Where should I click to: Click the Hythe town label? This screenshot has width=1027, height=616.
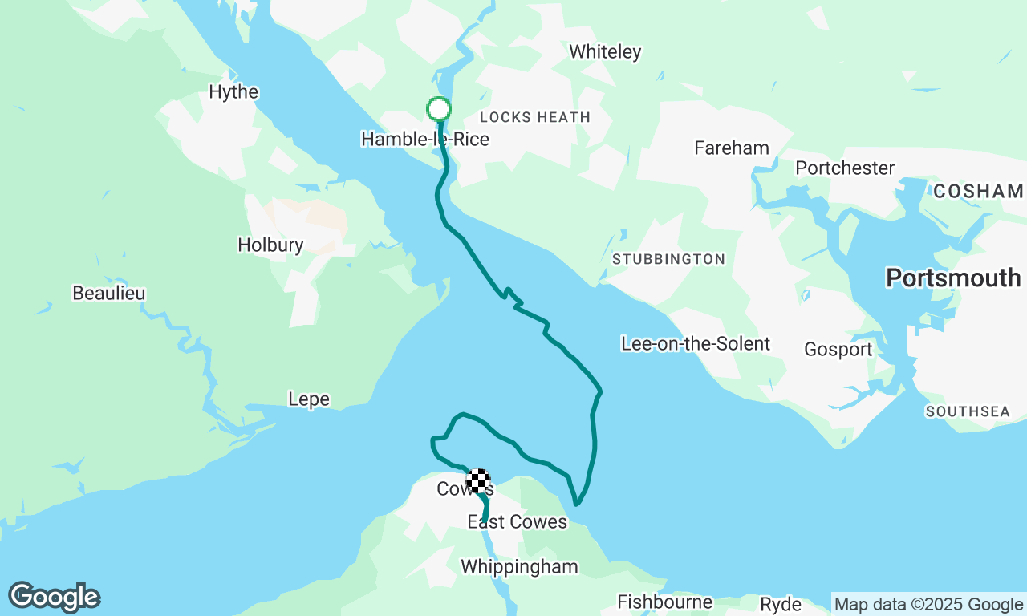point(233,92)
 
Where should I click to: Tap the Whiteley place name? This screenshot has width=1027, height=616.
point(605,52)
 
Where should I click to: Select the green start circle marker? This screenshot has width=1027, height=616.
point(438,108)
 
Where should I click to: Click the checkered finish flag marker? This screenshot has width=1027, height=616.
point(479,480)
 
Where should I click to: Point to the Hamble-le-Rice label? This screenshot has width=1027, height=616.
point(424,140)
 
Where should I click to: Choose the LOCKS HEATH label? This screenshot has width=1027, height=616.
point(534,117)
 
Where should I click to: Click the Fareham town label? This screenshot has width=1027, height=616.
point(731,148)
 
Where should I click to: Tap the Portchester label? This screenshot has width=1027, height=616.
point(845,168)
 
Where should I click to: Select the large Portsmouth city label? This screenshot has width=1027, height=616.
point(953,278)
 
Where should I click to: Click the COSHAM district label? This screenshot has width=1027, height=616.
point(978,191)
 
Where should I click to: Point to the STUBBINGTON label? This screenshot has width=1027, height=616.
point(668,259)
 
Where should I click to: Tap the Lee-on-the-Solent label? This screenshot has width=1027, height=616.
point(695,344)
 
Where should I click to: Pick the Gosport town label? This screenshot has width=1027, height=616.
point(838,350)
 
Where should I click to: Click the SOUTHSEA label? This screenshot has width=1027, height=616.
point(968,411)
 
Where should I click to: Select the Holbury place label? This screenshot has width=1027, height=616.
point(270,245)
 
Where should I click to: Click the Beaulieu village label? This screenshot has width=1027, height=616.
point(109,294)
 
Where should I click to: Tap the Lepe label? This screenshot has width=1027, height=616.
point(309,399)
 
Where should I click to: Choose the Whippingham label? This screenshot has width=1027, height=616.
point(519,567)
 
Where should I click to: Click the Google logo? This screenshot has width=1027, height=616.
point(55,597)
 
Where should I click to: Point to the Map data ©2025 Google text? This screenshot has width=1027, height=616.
point(928,605)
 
